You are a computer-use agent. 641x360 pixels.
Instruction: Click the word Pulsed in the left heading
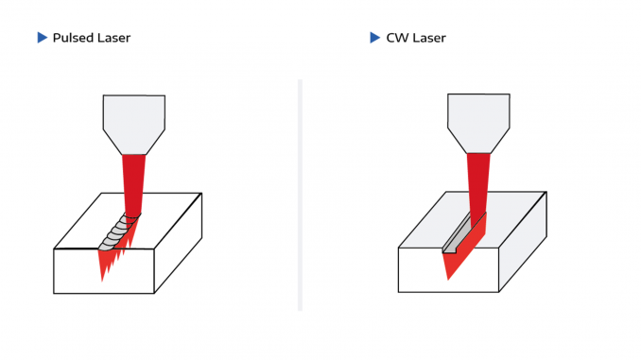(x=71, y=38)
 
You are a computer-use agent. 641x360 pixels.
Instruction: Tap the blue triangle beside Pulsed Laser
(x=42, y=38)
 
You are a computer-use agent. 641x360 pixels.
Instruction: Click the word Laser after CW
(x=428, y=38)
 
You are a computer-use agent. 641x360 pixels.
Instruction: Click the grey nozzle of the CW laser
(x=479, y=121)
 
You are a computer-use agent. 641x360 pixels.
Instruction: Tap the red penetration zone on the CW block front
(x=457, y=264)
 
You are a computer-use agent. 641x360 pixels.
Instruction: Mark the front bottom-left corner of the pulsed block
(x=55, y=292)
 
